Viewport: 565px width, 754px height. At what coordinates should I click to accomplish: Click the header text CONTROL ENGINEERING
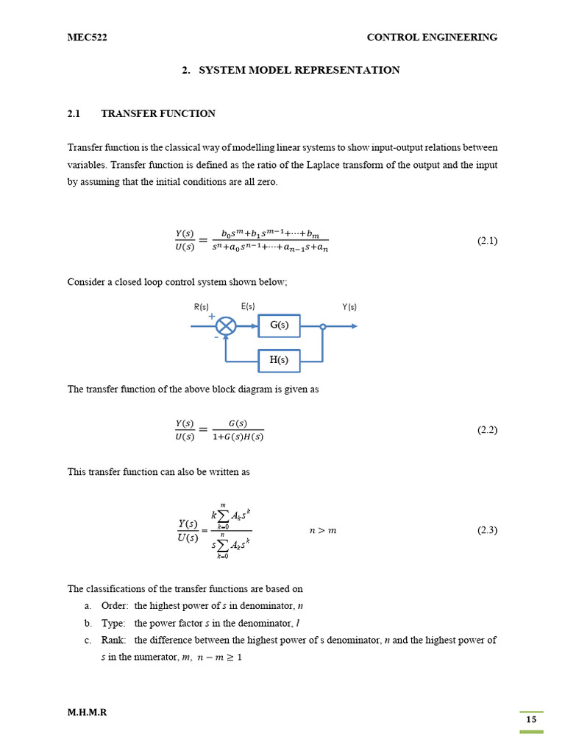[x=432, y=38]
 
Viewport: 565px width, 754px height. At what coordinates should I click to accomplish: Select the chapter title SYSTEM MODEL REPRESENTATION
[x=299, y=71]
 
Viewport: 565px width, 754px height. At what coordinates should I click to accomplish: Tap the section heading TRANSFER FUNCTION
[x=157, y=114]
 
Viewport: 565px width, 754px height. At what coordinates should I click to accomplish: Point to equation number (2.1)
[x=487, y=241]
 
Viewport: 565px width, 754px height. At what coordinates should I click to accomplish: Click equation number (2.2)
[x=487, y=430]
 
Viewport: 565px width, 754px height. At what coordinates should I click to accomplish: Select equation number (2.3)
[x=487, y=530]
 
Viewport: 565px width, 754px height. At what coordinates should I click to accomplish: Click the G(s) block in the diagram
[x=279, y=325]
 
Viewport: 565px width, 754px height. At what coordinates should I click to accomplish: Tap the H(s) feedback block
[x=279, y=361]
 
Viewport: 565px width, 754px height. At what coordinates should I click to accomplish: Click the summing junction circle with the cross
[x=227, y=325]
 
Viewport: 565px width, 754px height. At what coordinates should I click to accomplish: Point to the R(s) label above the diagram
[x=201, y=307]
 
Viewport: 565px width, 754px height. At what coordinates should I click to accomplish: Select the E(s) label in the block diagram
[x=248, y=307]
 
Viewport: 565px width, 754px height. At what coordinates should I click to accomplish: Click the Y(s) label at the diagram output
[x=349, y=307]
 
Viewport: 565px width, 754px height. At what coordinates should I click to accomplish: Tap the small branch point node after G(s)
[x=322, y=326]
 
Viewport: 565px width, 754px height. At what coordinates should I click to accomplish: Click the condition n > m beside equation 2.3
[x=322, y=531]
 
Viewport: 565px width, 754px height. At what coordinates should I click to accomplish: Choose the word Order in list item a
[x=116, y=606]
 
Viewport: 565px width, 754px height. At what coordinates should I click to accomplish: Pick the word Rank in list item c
[x=114, y=641]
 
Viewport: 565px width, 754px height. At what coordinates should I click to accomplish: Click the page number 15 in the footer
[x=531, y=720]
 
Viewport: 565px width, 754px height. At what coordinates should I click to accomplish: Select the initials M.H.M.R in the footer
[x=87, y=713]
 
